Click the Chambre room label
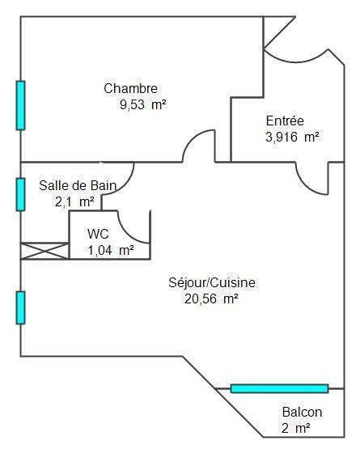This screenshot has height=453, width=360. click(130, 88)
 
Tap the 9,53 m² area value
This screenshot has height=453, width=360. click(144, 104)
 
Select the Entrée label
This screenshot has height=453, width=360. click(285, 121)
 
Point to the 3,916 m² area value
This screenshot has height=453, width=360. click(292, 137)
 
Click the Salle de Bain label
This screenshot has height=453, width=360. click(78, 185)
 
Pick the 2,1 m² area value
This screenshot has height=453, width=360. click(74, 201)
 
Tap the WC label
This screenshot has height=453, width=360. click(98, 234)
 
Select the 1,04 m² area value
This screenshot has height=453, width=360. click(111, 250)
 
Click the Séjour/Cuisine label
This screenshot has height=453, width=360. click(212, 282)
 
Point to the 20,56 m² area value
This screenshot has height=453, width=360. click(212, 298)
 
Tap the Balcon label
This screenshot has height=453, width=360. click(303, 412)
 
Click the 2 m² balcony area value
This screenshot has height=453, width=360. click(296, 428)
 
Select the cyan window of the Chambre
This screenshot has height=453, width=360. click(20, 105)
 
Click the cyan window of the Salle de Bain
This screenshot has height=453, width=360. click(20, 194)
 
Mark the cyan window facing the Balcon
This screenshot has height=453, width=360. click(280, 388)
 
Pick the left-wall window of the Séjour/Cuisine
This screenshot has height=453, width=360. click(20, 307)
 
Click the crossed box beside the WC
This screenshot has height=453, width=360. click(44, 251)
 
